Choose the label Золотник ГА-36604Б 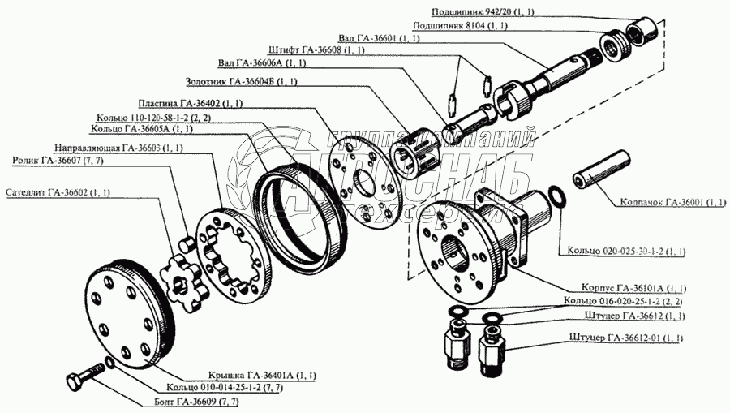coord(242,82)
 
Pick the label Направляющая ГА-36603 coord(118,149)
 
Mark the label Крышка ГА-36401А coord(250,375)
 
